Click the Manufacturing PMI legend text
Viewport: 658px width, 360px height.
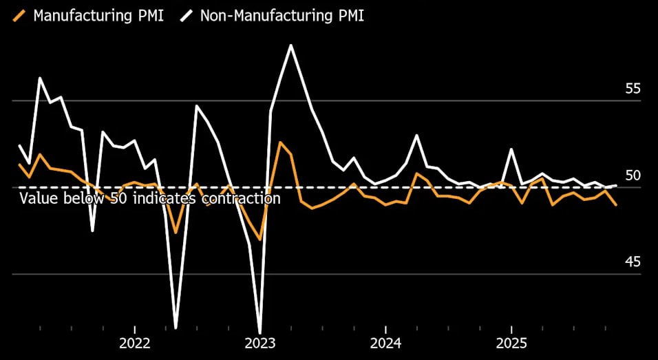point(98,15)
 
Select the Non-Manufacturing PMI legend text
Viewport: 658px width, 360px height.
point(282,15)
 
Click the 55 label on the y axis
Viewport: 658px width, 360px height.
point(633,89)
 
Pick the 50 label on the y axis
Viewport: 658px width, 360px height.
point(633,176)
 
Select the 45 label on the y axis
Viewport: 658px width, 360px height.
point(633,262)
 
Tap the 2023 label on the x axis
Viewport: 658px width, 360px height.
point(260,343)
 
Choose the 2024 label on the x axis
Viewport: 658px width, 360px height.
point(386,343)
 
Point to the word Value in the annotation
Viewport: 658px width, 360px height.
point(36,198)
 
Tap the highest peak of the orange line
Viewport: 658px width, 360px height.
point(280,142)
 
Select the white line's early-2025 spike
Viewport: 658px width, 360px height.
point(511,149)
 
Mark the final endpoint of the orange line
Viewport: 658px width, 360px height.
point(616,205)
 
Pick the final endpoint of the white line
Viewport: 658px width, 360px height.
point(616,185)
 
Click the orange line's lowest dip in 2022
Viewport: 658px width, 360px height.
point(176,233)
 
